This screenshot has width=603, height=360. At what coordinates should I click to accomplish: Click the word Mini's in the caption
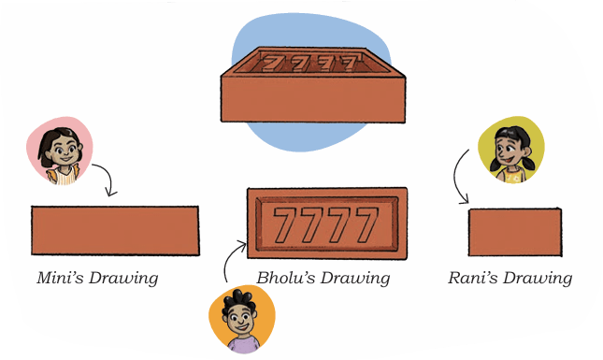(60, 278)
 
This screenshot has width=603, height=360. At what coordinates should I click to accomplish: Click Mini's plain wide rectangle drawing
(115, 230)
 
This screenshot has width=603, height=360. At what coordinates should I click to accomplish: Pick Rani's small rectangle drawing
(515, 232)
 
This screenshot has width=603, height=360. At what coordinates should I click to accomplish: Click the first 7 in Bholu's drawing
(285, 223)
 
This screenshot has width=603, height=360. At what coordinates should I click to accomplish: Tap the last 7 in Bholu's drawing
(366, 223)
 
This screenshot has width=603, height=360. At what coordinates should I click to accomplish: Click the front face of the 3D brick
(313, 99)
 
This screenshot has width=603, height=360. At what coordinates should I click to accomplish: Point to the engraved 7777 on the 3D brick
(310, 63)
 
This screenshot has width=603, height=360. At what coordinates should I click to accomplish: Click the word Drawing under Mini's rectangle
(123, 279)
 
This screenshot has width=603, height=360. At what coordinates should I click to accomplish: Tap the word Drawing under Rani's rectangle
(538, 279)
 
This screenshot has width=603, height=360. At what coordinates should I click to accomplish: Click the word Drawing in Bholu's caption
(356, 279)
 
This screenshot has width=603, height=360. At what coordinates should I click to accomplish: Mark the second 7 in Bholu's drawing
(312, 223)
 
